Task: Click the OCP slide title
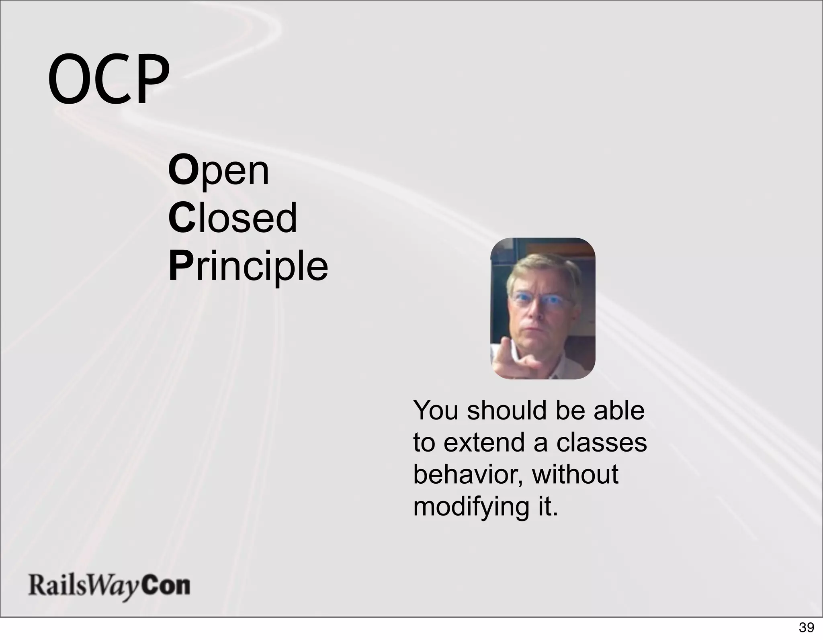109,79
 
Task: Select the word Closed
233,218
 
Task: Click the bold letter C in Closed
182,218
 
